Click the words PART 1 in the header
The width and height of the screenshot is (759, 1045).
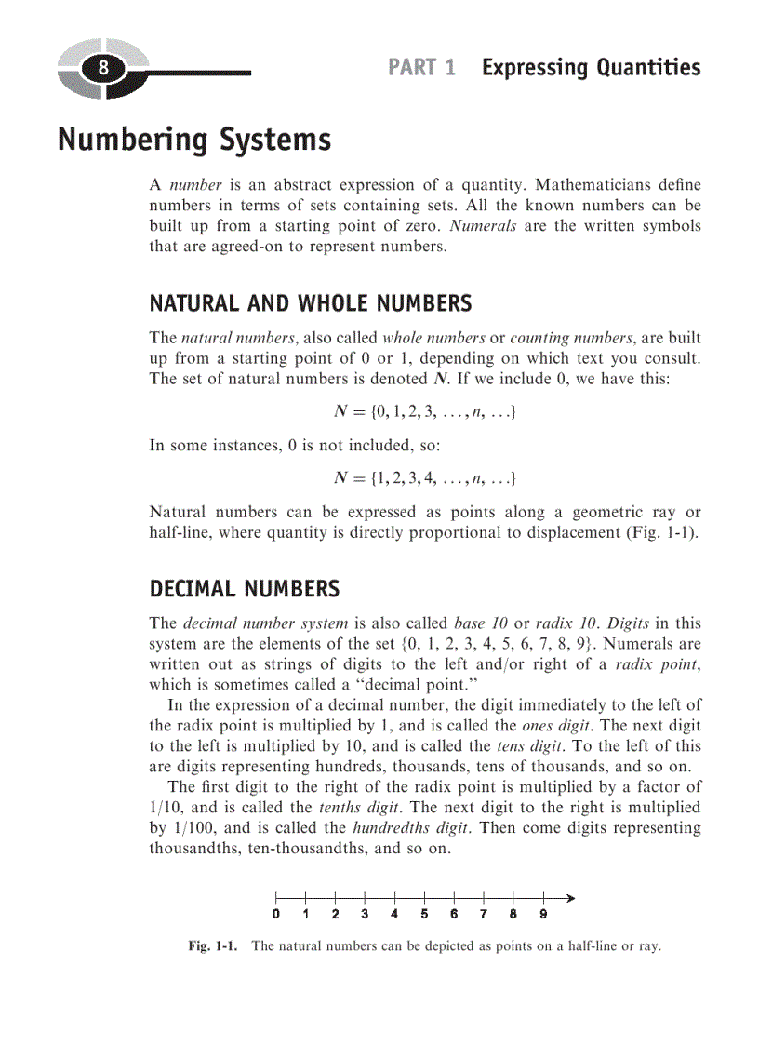pos(421,68)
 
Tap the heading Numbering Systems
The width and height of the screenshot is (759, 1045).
pos(193,140)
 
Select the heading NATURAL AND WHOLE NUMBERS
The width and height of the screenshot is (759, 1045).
pos(310,303)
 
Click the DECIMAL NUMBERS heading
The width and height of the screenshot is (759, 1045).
pos(245,589)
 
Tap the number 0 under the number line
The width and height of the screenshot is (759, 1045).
pos(276,914)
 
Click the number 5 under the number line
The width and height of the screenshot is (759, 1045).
pos(424,914)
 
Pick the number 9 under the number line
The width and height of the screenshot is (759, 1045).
pos(543,914)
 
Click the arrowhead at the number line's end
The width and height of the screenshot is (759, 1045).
pos(570,898)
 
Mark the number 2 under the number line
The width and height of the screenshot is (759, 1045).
pos(335,914)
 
